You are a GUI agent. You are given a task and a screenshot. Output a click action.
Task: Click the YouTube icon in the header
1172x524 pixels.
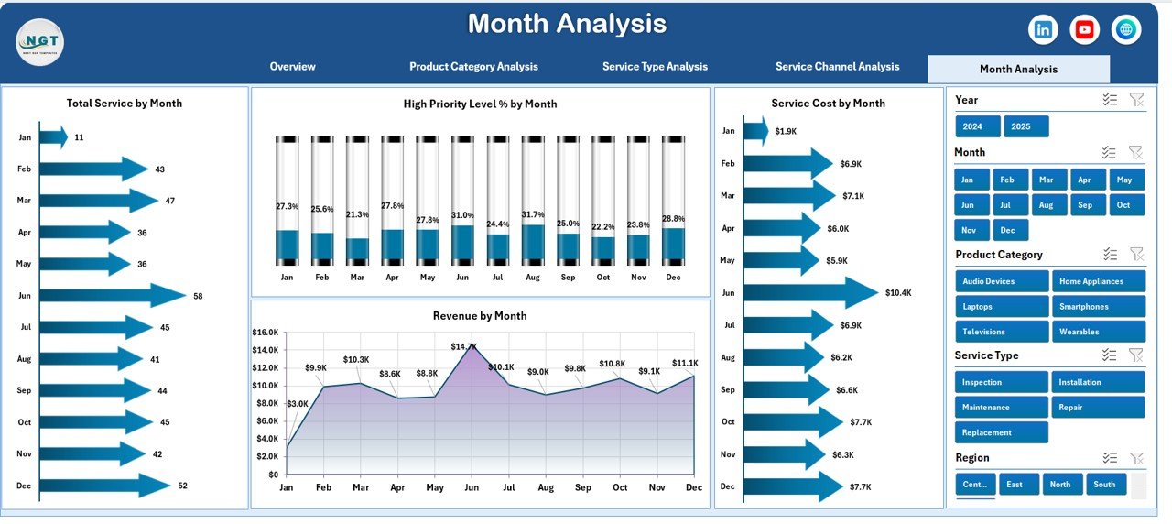tap(1084, 29)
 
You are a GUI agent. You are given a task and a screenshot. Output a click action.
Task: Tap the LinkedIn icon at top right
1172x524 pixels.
tap(1043, 29)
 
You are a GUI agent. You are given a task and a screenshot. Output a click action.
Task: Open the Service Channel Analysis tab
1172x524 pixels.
tap(837, 67)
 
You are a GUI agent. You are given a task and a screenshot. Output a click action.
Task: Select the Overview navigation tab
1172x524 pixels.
tap(292, 67)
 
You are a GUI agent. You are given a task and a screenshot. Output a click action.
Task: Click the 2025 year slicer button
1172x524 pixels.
tap(1025, 126)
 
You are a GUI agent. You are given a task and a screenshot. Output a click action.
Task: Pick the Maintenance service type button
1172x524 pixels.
tap(1001, 408)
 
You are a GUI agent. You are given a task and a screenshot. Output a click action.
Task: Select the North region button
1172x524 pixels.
tap(1060, 484)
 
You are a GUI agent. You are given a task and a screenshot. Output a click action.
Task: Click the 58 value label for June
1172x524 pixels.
tap(199, 296)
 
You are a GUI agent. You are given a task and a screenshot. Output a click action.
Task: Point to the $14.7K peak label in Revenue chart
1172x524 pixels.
tap(464, 346)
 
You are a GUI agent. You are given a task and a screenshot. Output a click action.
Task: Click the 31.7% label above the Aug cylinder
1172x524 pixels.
tap(534, 214)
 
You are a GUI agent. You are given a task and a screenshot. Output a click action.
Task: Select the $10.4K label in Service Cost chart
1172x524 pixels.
tap(898, 293)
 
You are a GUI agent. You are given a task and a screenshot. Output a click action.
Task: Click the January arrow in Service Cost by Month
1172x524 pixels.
tap(755, 131)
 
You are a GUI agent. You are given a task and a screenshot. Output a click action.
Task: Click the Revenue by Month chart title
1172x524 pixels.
tap(480, 316)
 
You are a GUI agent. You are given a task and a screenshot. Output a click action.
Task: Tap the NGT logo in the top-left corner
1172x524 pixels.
tap(39, 42)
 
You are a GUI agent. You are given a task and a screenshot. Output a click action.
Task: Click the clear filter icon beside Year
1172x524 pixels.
tap(1136, 100)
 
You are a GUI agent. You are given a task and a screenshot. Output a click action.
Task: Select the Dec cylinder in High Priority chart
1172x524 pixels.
tap(673, 202)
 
